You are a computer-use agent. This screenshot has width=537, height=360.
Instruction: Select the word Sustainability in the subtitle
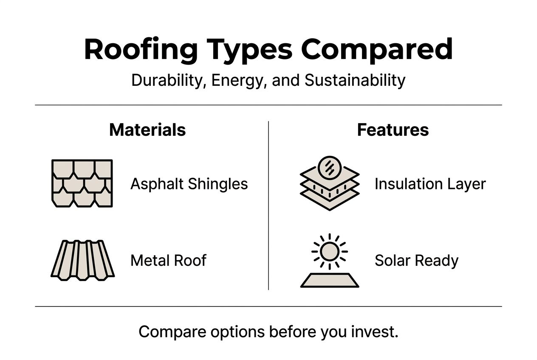pyautogui.click(x=355, y=80)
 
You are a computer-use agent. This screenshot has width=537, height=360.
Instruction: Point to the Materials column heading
pyautogui.click(x=147, y=130)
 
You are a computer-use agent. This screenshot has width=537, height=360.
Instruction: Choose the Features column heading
pyautogui.click(x=393, y=130)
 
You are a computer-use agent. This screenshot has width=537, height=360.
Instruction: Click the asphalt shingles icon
pyautogui.click(x=82, y=183)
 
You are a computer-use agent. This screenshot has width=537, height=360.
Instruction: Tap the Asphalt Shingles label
pyautogui.click(x=189, y=184)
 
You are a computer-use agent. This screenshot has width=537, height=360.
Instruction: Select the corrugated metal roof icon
pyautogui.click(x=82, y=260)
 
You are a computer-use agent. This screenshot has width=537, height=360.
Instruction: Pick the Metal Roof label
pyautogui.click(x=168, y=260)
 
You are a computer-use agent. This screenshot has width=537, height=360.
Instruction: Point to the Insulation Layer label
pyautogui.click(x=430, y=184)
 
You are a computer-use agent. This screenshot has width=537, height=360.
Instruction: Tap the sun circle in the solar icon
pyautogui.click(x=329, y=252)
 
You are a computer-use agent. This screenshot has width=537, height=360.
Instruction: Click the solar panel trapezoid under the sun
pyautogui.click(x=330, y=280)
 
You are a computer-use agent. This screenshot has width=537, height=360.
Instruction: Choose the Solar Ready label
pyautogui.click(x=416, y=260)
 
